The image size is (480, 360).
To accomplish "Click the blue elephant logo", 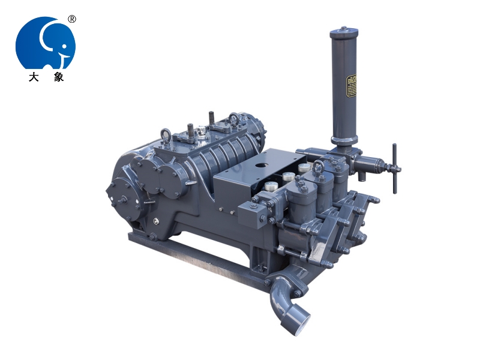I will pyautogui.click(x=45, y=42).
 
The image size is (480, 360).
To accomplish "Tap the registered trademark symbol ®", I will pyautogui.click(x=72, y=19).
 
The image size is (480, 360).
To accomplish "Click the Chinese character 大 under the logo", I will pyautogui.click(x=33, y=77).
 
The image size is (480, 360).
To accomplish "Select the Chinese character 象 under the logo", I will pyautogui.click(x=58, y=77).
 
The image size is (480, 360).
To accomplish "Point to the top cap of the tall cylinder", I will pyautogui.click(x=343, y=30).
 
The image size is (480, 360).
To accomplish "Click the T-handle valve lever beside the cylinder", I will pyautogui.click(x=394, y=169).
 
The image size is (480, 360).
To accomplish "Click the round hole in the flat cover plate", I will pyautogui.click(x=262, y=163).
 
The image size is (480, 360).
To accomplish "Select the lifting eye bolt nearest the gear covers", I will pyautogui.click(x=166, y=134).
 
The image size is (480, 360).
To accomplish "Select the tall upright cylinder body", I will pyautogui.click(x=343, y=90).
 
